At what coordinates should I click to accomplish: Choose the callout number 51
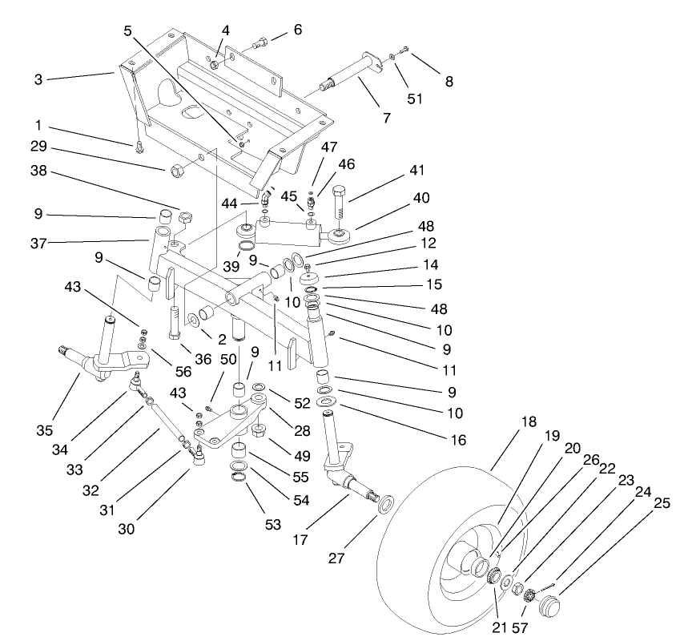414,99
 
